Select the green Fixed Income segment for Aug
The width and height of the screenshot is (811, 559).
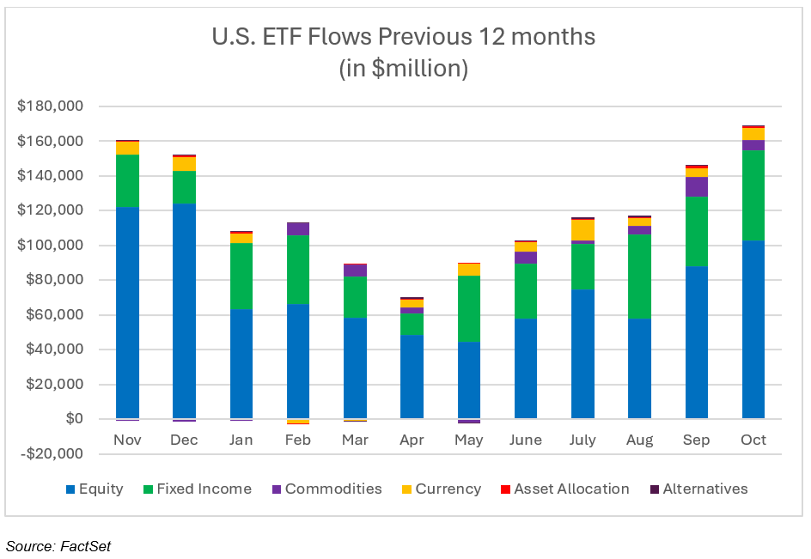(638, 276)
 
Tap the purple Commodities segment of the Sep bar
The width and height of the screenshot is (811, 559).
(696, 186)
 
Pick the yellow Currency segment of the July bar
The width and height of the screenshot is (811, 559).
(582, 230)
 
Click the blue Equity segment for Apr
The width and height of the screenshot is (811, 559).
(412, 376)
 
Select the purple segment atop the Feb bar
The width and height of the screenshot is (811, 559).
(297, 228)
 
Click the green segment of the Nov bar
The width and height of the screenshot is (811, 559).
(127, 180)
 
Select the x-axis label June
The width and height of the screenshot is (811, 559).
(525, 440)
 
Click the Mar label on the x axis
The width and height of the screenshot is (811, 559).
(354, 440)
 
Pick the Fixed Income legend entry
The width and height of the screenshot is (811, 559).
(204, 489)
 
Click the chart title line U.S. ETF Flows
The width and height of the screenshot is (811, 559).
(404, 38)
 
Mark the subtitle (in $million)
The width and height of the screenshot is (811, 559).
(404, 69)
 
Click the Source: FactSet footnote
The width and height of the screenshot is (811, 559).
(58, 545)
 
